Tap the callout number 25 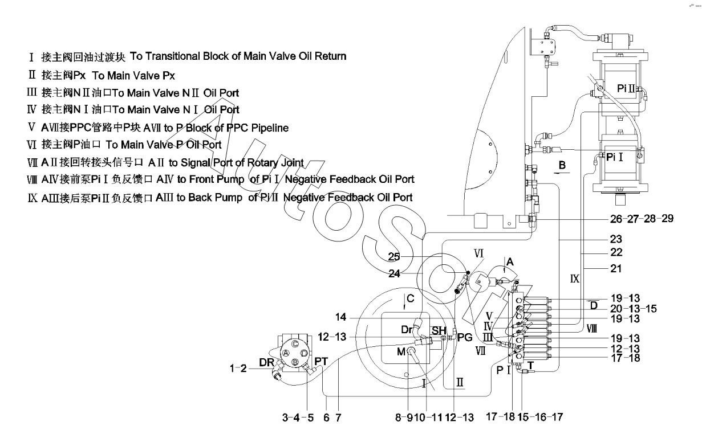(x=395, y=256)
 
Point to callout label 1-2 (x=238, y=369)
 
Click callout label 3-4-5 (x=298, y=418)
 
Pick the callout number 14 (x=356, y=317)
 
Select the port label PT (x=321, y=361)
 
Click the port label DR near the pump (x=267, y=362)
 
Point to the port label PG (x=465, y=337)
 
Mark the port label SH (x=439, y=331)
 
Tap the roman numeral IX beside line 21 (x=575, y=279)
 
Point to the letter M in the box (x=401, y=351)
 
